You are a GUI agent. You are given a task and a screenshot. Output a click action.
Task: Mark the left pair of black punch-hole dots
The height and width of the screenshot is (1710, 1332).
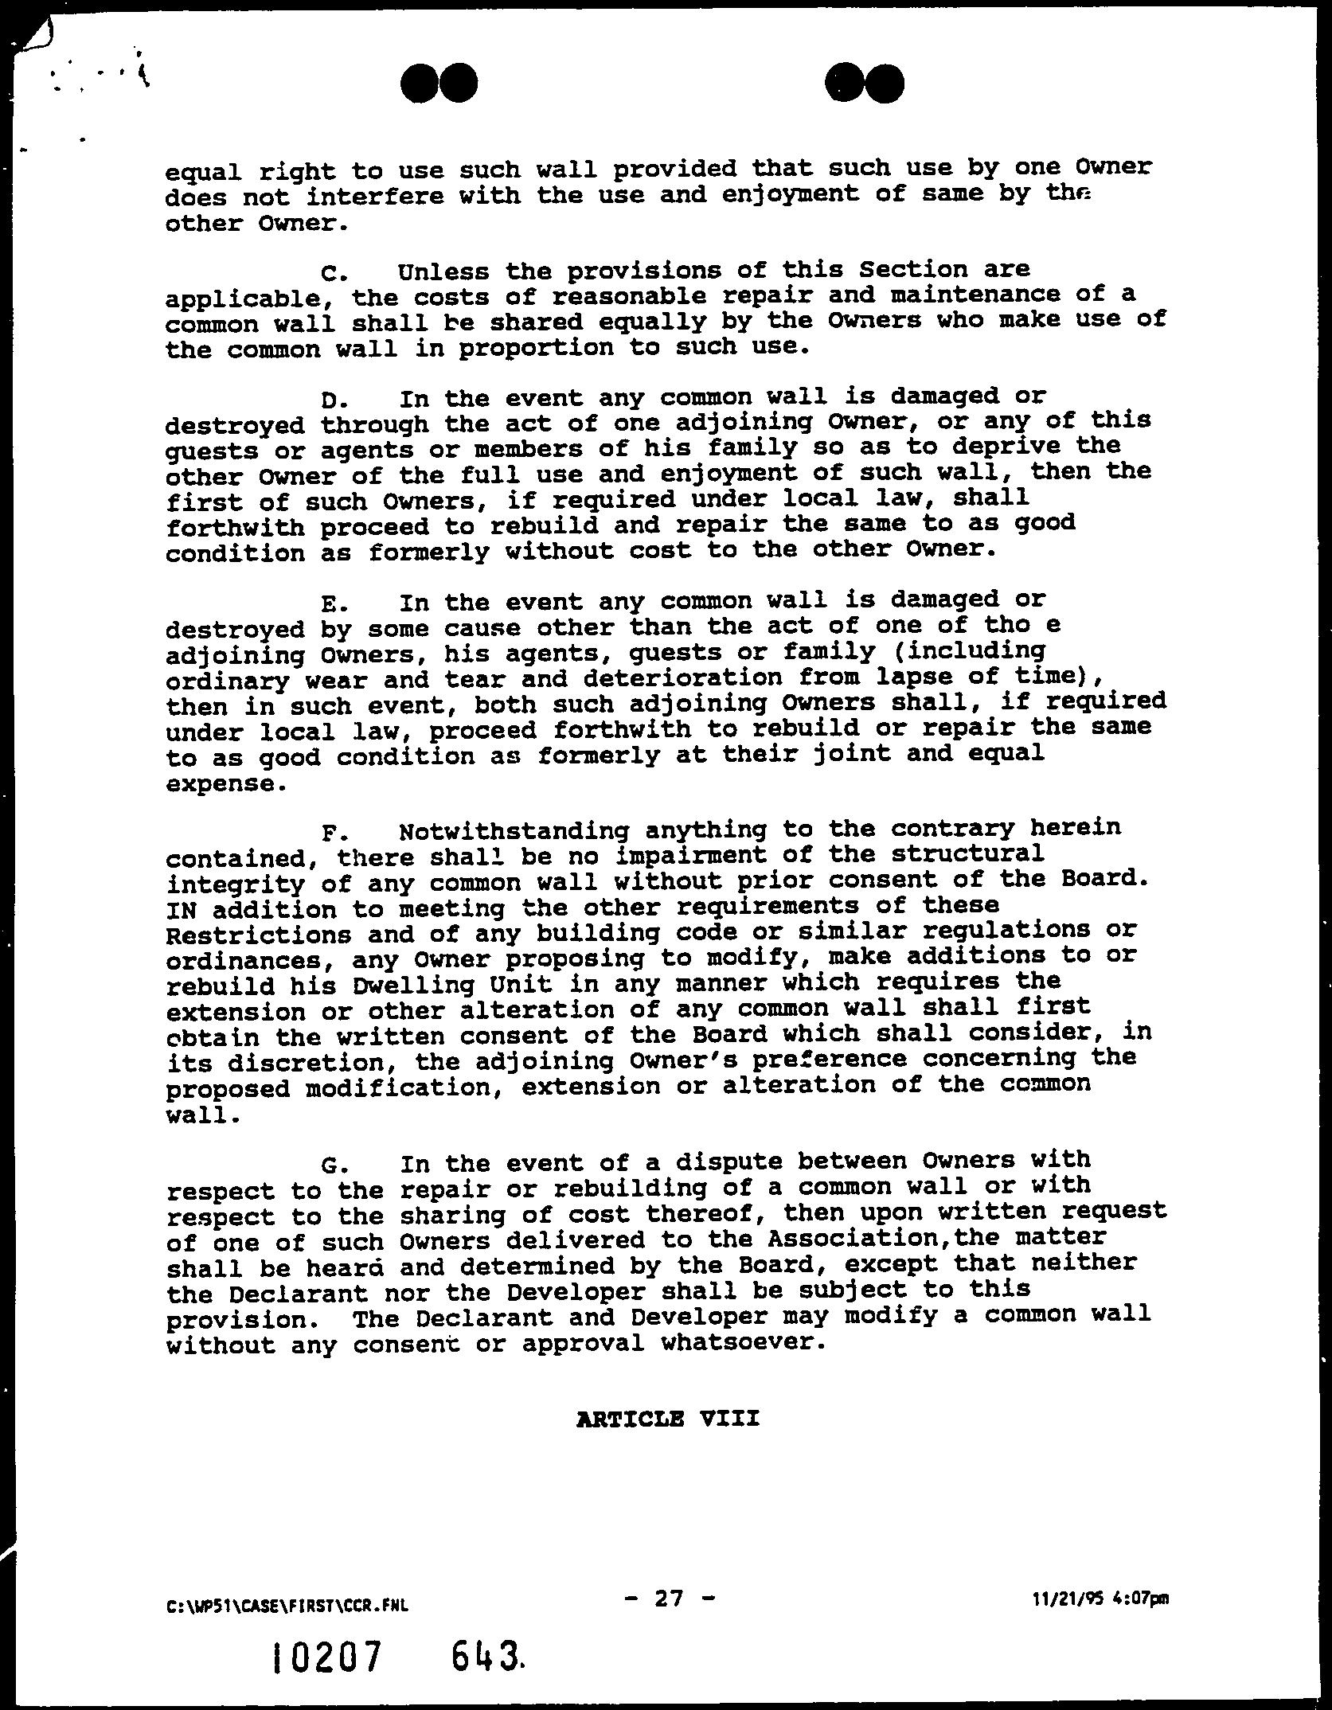coord(439,83)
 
